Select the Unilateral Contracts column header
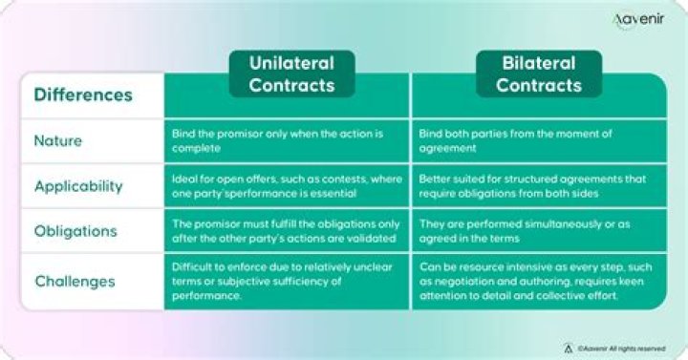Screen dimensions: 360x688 tap(291, 74)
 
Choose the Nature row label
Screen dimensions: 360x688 tap(58, 141)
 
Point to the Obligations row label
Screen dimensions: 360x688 tap(75, 231)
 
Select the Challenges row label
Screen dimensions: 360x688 tap(75, 281)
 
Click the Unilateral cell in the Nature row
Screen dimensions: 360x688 tap(287, 141)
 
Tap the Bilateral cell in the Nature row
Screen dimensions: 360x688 tap(540, 141)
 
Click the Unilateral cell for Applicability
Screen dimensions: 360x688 tap(287, 186)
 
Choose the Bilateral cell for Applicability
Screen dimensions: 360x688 tap(540, 186)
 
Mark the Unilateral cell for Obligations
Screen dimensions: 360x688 tap(287, 231)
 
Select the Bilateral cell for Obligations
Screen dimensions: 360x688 tap(540, 231)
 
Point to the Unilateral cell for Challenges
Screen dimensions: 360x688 tap(287, 281)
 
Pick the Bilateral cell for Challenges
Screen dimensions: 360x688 tap(540, 281)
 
